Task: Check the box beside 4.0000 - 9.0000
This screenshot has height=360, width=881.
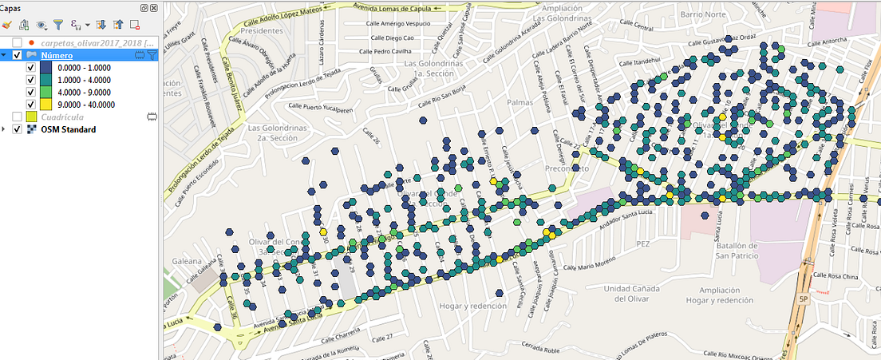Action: click(30, 92)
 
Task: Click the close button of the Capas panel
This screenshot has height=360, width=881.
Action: click(153, 7)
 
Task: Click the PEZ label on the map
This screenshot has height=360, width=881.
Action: click(643, 242)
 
